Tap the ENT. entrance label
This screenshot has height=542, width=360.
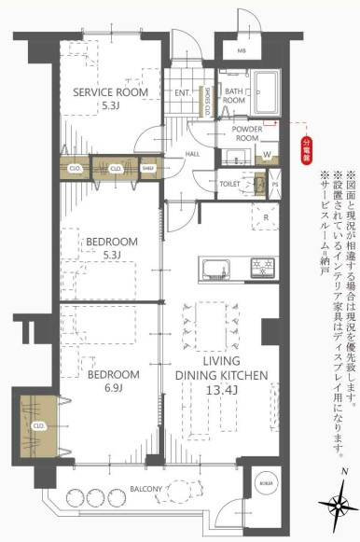(x=183, y=93)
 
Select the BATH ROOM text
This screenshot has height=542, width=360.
(x=233, y=94)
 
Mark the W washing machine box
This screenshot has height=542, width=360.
(x=268, y=155)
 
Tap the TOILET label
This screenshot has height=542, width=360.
(x=229, y=185)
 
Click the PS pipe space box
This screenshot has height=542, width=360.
(x=275, y=185)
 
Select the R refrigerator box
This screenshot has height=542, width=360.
(x=266, y=215)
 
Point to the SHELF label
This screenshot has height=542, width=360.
(x=147, y=169)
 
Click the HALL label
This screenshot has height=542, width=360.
(x=193, y=154)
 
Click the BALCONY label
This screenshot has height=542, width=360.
(x=143, y=489)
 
